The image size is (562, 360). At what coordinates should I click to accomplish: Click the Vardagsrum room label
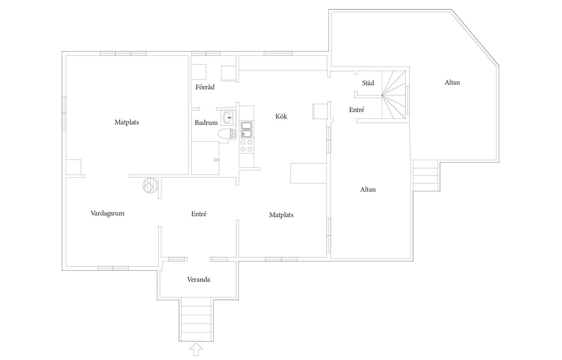(108, 213)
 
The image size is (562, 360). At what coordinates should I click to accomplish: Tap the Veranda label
(199, 280)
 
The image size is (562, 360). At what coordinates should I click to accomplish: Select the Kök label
(281, 116)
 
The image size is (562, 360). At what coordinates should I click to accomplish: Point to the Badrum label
(206, 123)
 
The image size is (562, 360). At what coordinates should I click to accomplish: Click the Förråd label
(205, 87)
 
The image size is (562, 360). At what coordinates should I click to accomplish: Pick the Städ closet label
(368, 83)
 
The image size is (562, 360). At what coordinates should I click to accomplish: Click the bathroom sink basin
(228, 118)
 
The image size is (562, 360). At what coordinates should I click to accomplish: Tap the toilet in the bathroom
(227, 134)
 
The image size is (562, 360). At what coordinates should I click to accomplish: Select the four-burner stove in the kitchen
(246, 146)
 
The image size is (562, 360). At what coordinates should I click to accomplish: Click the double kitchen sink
(246, 130)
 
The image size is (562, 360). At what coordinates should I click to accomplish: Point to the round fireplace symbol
(150, 185)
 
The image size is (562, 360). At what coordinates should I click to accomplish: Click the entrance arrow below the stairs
(196, 349)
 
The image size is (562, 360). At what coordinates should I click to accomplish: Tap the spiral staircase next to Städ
(394, 95)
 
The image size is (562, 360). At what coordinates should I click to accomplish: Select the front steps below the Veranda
(196, 319)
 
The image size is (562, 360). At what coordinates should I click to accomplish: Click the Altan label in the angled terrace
(452, 82)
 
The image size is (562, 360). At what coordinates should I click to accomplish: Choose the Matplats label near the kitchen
(281, 215)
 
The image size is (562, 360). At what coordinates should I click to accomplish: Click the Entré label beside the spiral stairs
(357, 110)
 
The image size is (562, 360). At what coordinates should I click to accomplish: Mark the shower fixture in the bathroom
(217, 159)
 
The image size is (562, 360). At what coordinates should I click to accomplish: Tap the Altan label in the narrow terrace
(368, 189)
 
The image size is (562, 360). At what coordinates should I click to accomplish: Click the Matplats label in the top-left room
(127, 122)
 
